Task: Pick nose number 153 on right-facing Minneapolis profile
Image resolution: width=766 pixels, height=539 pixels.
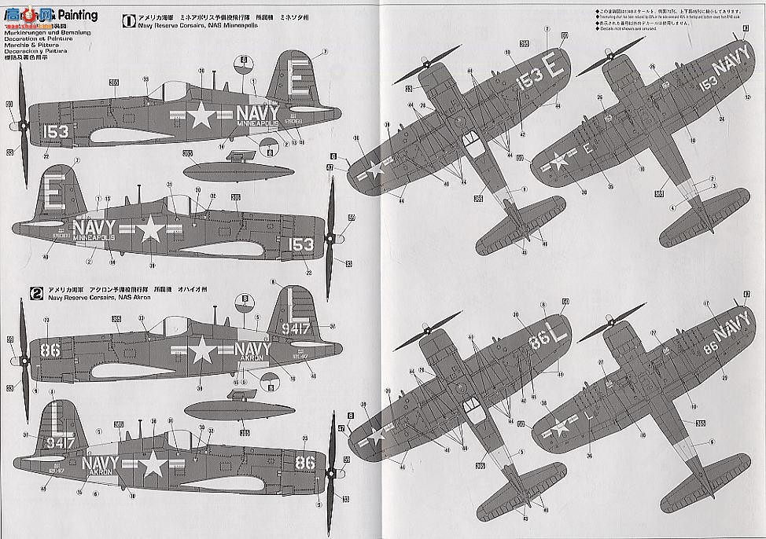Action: pos(300,244)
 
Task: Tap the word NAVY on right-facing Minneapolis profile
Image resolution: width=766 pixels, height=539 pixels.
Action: pos(95,228)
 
